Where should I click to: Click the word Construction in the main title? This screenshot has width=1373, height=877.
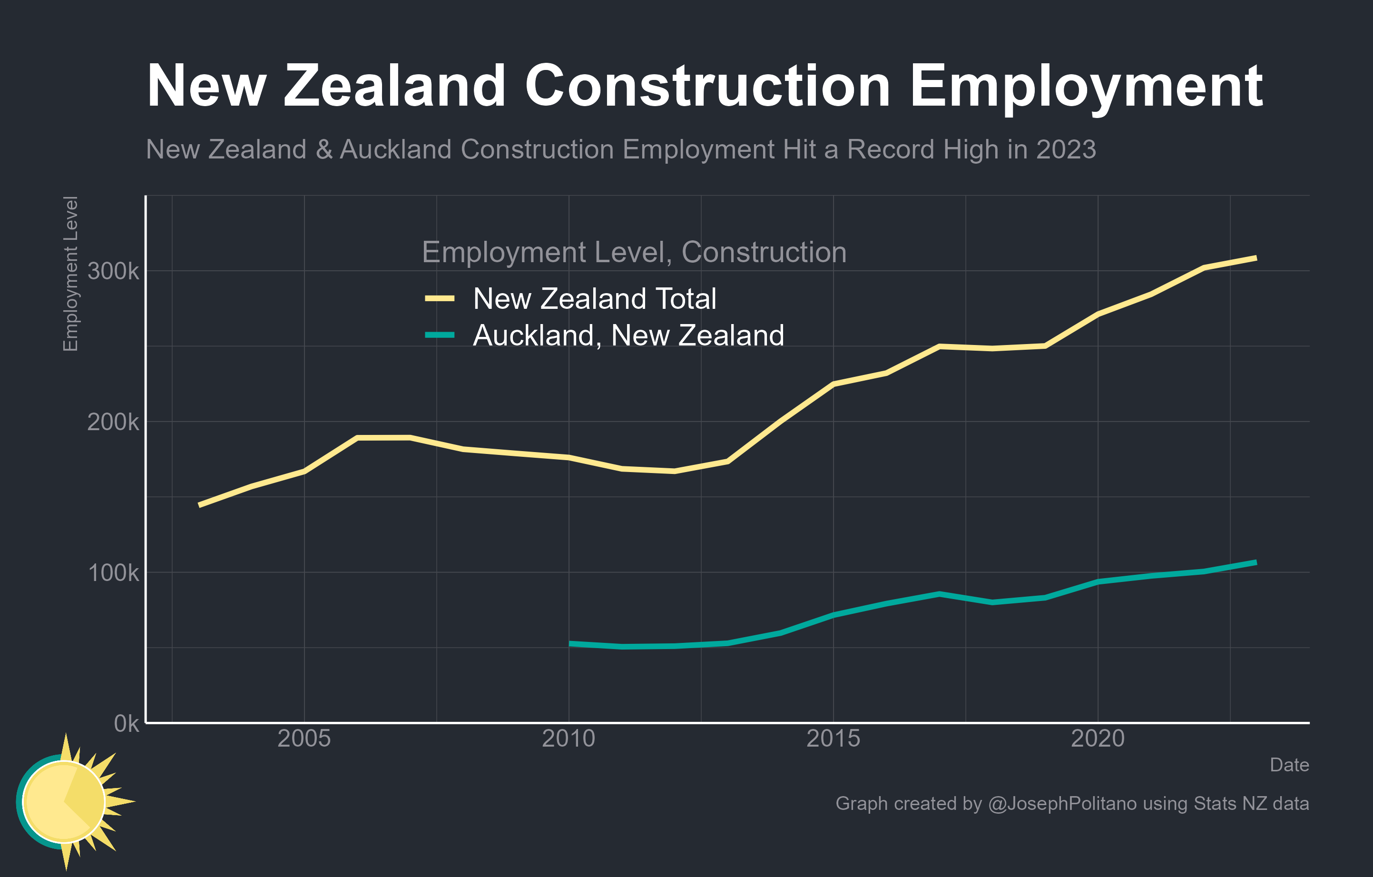707,87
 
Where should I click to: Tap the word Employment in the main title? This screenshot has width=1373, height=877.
1086,87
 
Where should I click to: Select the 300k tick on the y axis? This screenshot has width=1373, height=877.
113,271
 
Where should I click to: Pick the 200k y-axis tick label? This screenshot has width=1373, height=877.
113,423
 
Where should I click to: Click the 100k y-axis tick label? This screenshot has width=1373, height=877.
113,573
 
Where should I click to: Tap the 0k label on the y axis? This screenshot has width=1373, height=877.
126,724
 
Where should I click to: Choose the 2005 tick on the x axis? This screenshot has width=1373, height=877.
304,739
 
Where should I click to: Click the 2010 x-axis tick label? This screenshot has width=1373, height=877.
569,739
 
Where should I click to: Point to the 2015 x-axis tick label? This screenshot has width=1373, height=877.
833,739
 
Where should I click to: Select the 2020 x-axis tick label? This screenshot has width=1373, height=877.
1098,739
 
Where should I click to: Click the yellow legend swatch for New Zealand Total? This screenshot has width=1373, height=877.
440,298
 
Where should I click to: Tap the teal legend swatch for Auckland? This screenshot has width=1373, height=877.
440,335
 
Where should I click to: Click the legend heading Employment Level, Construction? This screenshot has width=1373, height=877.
634,252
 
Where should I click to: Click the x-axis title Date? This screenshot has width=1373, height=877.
1289,765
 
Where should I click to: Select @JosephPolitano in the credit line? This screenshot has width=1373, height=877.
1062,803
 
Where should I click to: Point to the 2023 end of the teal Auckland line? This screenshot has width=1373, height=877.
1255,563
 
